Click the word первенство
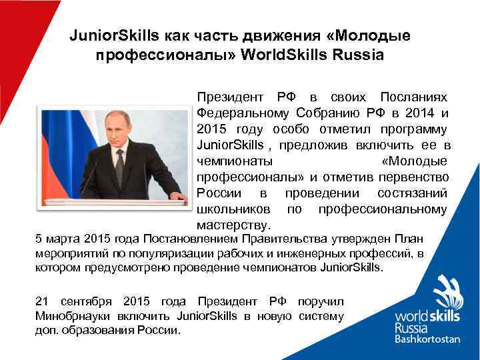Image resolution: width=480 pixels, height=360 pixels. point(414,177)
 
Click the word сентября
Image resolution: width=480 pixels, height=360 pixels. point(87,301)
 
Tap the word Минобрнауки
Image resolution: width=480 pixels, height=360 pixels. point(73,315)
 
